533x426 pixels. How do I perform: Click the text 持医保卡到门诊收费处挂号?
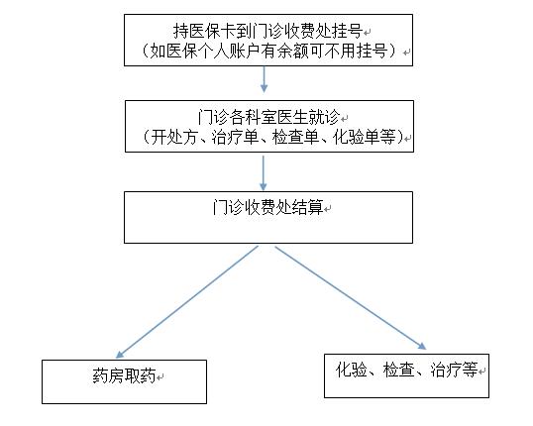(267, 32)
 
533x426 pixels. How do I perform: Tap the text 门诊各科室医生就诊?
(268, 117)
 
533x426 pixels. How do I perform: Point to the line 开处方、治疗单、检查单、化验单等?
(270, 137)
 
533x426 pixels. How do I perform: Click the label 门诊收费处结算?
(267, 207)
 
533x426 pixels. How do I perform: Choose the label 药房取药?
(124, 376)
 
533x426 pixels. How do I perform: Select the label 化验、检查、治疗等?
(406, 370)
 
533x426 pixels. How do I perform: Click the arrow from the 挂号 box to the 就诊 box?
(264, 79)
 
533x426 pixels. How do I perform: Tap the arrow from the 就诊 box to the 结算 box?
(264, 173)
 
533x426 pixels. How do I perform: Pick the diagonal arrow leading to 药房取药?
(187, 302)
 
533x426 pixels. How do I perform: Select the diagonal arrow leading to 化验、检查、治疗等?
(351, 298)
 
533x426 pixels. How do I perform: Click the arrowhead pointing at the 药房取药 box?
(119, 355)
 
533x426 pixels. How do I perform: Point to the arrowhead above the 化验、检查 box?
(422, 346)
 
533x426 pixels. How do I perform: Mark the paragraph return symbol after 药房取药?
(160, 377)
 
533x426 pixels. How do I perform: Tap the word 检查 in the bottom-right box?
(398, 370)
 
